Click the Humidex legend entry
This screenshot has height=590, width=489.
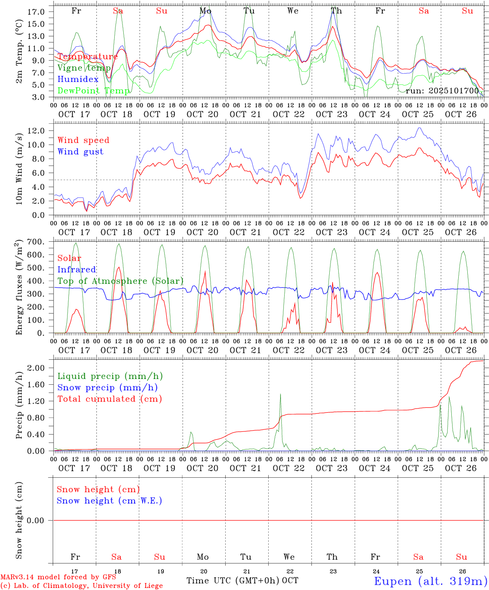78,79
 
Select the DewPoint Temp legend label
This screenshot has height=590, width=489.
93,91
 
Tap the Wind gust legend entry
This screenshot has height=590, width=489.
80,152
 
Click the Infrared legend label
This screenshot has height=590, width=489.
77,270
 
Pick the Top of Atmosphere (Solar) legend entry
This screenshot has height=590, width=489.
120,281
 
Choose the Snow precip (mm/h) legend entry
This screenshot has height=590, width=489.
107,388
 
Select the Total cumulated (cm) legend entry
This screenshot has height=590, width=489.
109,399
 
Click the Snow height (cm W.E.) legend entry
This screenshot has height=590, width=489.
109,501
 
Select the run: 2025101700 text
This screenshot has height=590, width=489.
442,91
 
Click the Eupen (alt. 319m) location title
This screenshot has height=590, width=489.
430,581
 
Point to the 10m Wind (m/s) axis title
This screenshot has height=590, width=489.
19,167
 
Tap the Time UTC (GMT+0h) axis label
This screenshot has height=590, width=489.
233,581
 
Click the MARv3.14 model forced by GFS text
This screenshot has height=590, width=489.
58,577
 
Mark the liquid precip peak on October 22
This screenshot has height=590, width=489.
281,394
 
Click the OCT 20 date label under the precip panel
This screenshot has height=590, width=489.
203,468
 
